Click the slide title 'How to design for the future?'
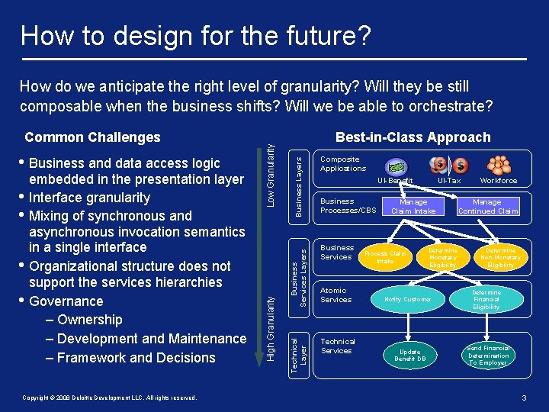(196, 34)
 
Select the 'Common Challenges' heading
(92, 137)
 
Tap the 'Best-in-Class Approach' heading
(413, 137)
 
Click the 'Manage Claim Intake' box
(413, 206)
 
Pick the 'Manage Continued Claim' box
(488, 206)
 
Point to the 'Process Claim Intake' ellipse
(385, 257)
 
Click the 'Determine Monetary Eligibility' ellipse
(442, 257)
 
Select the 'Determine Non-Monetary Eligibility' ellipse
(501, 257)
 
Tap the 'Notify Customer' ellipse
(408, 299)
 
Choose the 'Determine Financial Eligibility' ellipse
(486, 299)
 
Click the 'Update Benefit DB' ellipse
(410, 355)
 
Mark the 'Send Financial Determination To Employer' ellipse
(488, 355)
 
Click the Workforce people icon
(499, 165)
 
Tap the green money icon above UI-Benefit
(395, 166)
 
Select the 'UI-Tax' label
(449, 181)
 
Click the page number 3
(524, 398)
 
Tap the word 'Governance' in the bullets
(66, 301)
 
